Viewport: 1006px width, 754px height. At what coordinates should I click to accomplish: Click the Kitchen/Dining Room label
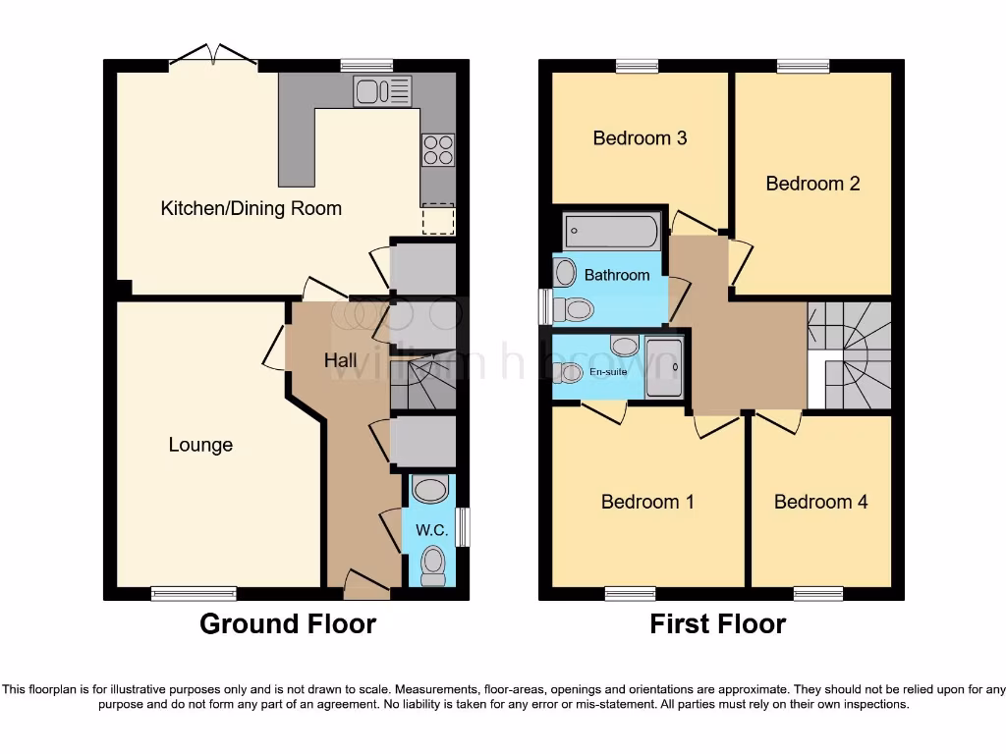(x=251, y=208)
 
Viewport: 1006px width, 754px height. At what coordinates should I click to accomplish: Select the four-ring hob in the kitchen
(x=438, y=149)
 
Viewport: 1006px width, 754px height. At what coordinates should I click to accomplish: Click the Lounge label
(x=200, y=445)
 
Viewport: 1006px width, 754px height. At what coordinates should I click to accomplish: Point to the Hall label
(x=341, y=361)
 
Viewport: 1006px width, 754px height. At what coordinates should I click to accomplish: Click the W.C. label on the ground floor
(x=431, y=530)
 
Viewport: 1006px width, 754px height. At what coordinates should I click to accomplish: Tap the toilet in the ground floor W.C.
(x=431, y=565)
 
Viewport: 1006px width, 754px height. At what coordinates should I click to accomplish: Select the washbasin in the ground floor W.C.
(x=430, y=488)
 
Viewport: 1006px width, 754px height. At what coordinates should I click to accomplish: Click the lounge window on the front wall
(x=194, y=593)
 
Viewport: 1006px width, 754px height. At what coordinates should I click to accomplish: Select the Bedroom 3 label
(x=640, y=138)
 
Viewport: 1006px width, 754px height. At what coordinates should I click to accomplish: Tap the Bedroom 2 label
(x=812, y=184)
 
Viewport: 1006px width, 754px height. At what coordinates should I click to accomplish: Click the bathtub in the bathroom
(x=611, y=232)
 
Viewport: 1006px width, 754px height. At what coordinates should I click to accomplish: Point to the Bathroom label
(x=616, y=275)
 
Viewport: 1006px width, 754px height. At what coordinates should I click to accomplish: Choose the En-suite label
(x=608, y=372)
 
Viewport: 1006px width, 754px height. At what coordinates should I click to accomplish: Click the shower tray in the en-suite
(x=664, y=367)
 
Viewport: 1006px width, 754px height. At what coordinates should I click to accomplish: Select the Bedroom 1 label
(x=647, y=502)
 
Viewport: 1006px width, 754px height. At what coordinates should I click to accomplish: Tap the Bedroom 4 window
(x=818, y=593)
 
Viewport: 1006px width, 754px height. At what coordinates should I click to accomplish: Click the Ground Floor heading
(x=287, y=624)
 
